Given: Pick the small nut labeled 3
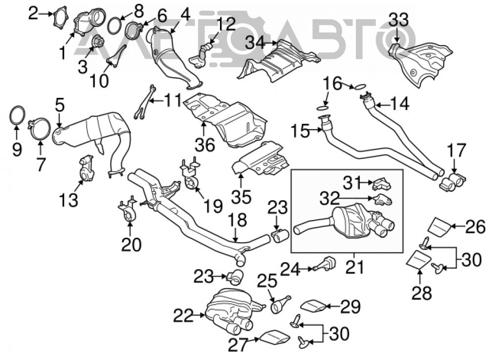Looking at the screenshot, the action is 98,41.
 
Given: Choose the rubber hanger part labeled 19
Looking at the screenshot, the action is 190,175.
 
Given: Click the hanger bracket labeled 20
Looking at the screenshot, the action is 128,211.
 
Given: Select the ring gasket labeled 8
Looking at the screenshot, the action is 115,25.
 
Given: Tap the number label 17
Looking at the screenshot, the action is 456,151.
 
